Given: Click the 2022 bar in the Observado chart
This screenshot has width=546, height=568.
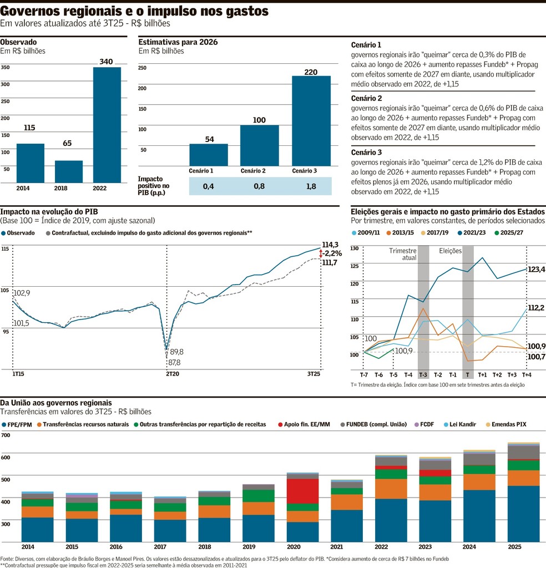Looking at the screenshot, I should [107, 125].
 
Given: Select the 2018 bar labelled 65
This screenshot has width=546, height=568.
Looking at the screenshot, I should [68, 171].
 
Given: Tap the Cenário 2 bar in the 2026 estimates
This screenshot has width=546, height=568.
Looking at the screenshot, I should [259, 145].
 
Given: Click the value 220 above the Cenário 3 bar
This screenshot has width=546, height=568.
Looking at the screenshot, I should [311, 72].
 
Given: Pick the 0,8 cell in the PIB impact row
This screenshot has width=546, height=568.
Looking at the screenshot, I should [259, 187].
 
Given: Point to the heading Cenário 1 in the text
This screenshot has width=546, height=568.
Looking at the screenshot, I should [366, 45].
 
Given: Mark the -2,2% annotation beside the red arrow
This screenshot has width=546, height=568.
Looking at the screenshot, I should [333, 253].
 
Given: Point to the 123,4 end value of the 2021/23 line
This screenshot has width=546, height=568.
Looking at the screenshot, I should [536, 270].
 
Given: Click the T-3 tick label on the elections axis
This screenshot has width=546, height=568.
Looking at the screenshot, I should [423, 375].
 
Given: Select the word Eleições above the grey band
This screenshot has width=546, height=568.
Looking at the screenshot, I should [451, 251].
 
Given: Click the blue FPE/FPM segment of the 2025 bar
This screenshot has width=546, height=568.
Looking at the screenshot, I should [523, 514].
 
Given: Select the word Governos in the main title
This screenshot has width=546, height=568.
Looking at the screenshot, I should [39, 12].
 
